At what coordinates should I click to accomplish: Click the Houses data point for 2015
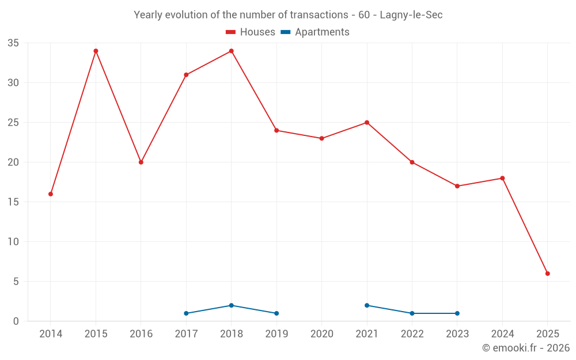point(96,51)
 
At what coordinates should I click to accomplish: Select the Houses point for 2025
point(547,274)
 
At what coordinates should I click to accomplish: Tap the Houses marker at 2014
point(51,194)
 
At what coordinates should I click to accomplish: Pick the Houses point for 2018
point(232,51)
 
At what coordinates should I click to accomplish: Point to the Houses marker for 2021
point(367,123)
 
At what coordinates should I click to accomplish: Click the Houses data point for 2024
point(502,178)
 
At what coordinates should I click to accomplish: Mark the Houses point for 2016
point(141,162)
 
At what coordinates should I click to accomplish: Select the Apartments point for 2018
point(232,305)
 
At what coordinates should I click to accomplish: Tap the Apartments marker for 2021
point(367,305)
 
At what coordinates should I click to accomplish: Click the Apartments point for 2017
point(186,313)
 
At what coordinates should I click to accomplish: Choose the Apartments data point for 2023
point(457,313)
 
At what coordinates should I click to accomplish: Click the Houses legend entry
point(251,32)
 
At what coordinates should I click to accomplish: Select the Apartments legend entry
point(315,32)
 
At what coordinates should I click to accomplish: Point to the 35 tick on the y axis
point(13,43)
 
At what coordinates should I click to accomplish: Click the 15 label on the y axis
point(13,202)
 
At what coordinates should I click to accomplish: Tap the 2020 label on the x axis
point(322,334)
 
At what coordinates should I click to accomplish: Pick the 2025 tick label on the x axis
point(547,334)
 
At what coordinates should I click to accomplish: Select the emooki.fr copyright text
point(526,348)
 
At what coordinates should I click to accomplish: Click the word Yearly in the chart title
point(148,15)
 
